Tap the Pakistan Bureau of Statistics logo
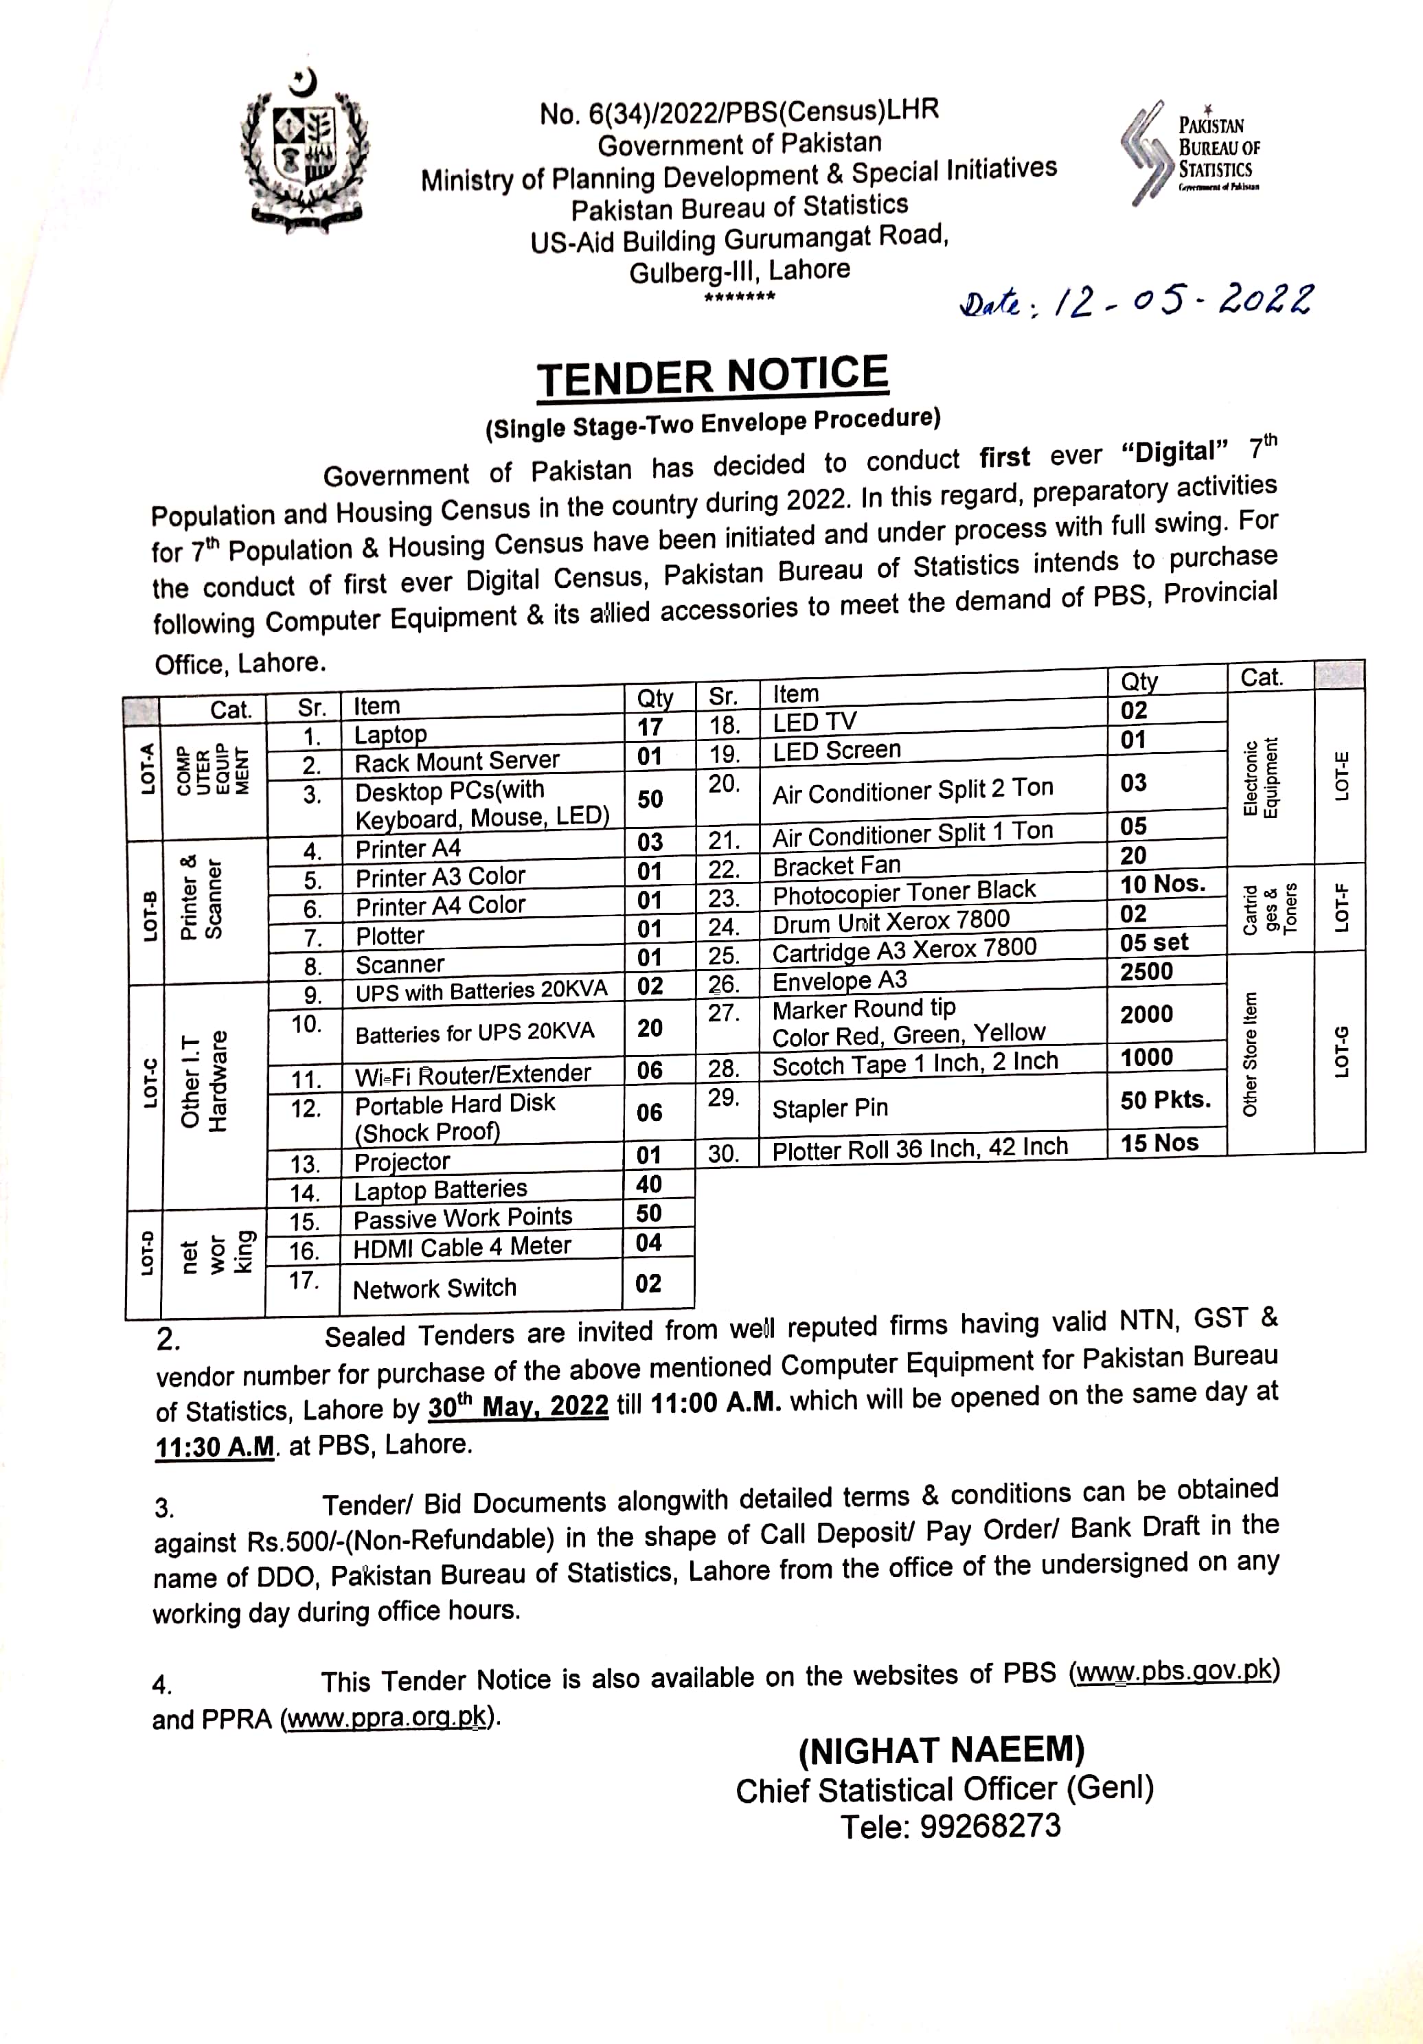pos(1189,151)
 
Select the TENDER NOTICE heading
pos(713,376)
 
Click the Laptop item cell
pos(391,734)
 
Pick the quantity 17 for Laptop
pos(650,727)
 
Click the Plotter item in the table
pos(390,935)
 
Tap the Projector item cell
pos(402,1161)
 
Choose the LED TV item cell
pos(815,722)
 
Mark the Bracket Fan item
pos(836,865)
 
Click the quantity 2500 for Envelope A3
pos(1146,971)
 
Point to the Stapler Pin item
pos(830,1109)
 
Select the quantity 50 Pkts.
pos(1165,1100)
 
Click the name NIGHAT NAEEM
pos(942,1750)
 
